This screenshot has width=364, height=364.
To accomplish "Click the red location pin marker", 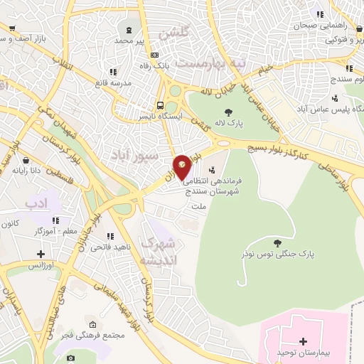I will [x=182, y=167].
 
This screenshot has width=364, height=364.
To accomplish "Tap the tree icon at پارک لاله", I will [x=228, y=112].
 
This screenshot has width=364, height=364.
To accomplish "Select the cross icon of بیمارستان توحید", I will [x=304, y=341].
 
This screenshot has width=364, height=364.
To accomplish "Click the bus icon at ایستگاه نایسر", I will [x=160, y=107].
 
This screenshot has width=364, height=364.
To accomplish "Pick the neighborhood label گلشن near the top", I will [x=175, y=33].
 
